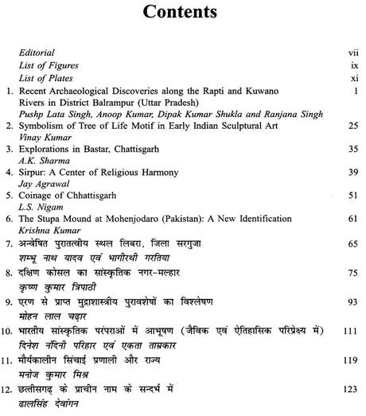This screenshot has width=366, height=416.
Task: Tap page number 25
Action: click(345, 126)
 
